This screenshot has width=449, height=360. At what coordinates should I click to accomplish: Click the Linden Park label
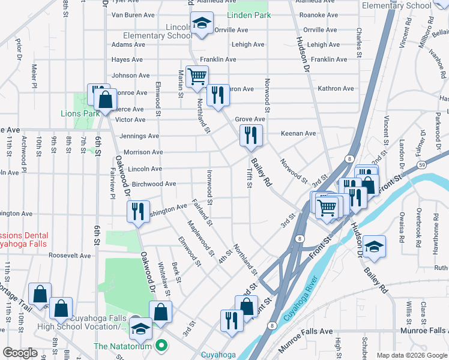coord(249,15)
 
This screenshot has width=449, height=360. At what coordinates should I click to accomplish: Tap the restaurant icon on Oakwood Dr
coord(138,211)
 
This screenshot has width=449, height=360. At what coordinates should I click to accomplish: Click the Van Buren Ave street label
coord(134,15)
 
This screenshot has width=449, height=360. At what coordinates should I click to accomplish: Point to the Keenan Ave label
coord(301,133)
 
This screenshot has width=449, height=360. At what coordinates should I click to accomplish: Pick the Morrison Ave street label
coord(143,152)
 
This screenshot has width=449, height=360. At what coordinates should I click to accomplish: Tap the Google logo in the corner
coord(21,353)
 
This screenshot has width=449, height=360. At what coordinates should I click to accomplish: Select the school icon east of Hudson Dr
coord(374,246)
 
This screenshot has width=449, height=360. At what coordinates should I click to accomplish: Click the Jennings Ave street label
coord(139,136)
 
